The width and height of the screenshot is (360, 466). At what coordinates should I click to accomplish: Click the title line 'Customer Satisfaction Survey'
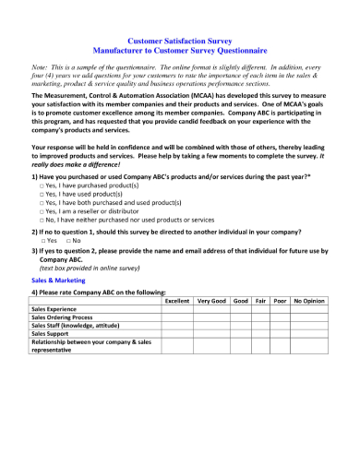coord(180,42)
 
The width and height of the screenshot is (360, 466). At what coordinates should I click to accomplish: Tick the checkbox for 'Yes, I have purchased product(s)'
coord(42,185)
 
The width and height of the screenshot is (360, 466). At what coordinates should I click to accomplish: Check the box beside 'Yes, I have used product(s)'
coord(42,194)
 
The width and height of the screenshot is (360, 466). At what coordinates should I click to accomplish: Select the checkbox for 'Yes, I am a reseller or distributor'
coord(42,211)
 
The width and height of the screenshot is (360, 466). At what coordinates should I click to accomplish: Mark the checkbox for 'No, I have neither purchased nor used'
coord(42,220)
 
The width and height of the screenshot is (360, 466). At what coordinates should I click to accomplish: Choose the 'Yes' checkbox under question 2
coord(42,240)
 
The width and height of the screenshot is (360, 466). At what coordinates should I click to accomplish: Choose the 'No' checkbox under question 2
coord(69,240)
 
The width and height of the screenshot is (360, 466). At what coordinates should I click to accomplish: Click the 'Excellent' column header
coord(176,301)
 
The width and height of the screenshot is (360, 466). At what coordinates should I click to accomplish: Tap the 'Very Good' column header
coord(211,301)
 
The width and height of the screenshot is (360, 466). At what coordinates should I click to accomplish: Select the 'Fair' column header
coord(261,301)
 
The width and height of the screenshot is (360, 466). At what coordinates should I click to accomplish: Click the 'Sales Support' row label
coord(53,333)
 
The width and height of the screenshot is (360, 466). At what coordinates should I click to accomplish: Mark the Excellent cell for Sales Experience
coord(176,309)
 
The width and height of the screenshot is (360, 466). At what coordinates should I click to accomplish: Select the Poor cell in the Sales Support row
coord(281,333)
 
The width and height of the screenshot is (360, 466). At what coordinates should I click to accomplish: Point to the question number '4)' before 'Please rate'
coord(35,291)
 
